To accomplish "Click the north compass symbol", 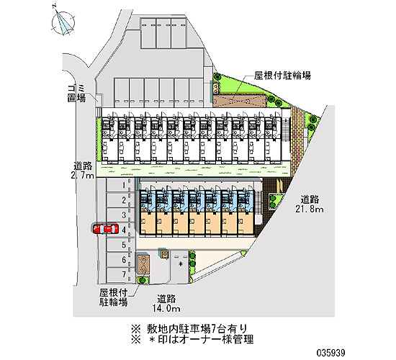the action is coord(63,23).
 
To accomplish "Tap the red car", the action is coord(105,229).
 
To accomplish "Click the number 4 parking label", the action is coord(124,230).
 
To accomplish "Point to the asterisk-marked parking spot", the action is coord(180,265).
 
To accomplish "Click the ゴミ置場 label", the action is coord(76,93).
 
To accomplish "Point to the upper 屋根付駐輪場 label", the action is coord(282,76).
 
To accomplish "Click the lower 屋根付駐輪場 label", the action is coord(113,297).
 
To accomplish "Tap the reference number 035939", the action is coord(330,352).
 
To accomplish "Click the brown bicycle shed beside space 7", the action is coord(143,264).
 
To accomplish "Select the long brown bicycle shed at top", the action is coord(239,101).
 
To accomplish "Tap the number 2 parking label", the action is coord(124,200).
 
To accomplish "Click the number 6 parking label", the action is coord(124,260).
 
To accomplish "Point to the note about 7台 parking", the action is coord(189,328).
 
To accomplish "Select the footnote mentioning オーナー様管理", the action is coord(192,339).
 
